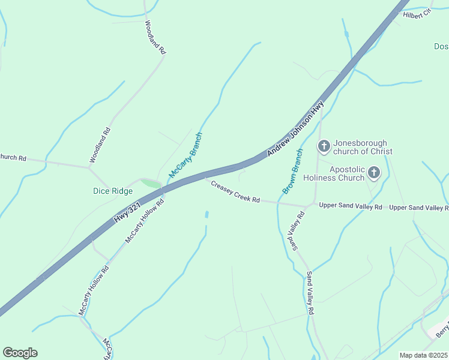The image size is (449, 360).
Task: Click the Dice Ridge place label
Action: pyautogui.click(x=113, y=191)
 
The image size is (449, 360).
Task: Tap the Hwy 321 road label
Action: pyautogui.click(x=127, y=214)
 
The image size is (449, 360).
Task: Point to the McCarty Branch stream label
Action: pyautogui.click(x=185, y=155)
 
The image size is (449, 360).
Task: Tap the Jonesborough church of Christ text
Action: pyautogui.click(x=363, y=147)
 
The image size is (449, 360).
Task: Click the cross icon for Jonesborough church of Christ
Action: pyautogui.click(x=324, y=146)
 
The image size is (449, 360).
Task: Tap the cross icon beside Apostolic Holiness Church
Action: pyautogui.click(x=373, y=173)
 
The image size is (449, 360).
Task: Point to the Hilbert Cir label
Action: pyautogui.click(x=417, y=14)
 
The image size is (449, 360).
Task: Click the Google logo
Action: pyautogui.click(x=20, y=353)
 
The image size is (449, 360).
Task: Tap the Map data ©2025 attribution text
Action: pyautogui.click(x=424, y=355)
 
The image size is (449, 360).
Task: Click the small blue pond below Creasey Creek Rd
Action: pyautogui.click(x=207, y=214)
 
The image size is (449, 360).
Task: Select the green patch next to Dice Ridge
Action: pyautogui.click(x=151, y=182)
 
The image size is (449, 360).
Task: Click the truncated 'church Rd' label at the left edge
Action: pyautogui.click(x=13, y=158)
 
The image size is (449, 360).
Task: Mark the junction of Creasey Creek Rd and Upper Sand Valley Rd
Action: pyautogui.click(x=307, y=206)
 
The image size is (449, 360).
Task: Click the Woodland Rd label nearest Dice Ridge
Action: pyautogui.click(x=100, y=145)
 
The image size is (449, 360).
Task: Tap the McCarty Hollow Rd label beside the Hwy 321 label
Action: pyautogui.click(x=144, y=221)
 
